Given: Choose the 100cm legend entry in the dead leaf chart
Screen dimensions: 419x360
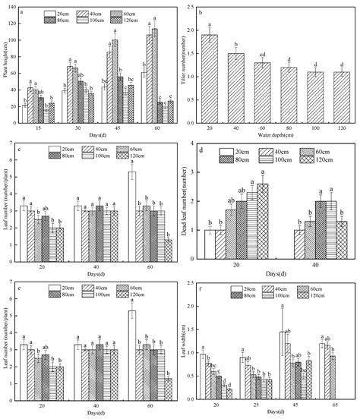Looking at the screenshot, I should click(285, 160).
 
